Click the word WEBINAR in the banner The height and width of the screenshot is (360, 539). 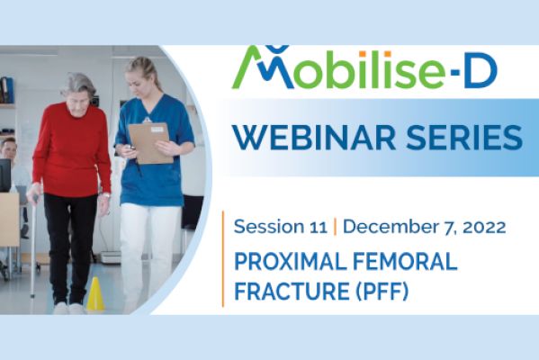pyautogui.click(x=313, y=137)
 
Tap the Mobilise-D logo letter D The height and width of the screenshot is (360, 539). pyautogui.click(x=481, y=73)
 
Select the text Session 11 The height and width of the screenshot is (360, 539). pyautogui.click(x=280, y=227)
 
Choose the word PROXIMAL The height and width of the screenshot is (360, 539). pyautogui.click(x=290, y=261)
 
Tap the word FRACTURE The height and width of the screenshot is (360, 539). pyautogui.click(x=292, y=291)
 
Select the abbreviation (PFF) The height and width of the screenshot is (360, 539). pyautogui.click(x=382, y=292)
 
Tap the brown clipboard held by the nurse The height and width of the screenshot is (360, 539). pyautogui.click(x=150, y=143)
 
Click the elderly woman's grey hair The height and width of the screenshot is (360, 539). pyautogui.click(x=78, y=84)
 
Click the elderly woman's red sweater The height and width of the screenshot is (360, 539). pyautogui.click(x=72, y=150)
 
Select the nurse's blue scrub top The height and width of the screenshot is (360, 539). pyautogui.click(x=155, y=151)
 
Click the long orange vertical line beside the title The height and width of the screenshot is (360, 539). pyautogui.click(x=223, y=258)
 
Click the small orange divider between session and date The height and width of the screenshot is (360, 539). pyautogui.click(x=335, y=227)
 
